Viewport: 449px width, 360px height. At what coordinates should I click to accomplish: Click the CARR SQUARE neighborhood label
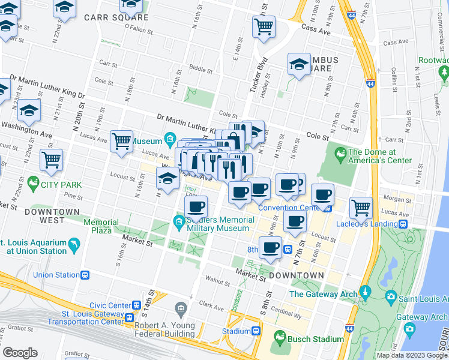coord(116,17)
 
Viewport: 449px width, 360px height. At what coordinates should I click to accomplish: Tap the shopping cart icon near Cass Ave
coord(264,27)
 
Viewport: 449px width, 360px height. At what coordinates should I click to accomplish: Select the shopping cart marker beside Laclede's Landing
coord(361,208)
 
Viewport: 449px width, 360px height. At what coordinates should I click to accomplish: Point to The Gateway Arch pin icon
coord(365,294)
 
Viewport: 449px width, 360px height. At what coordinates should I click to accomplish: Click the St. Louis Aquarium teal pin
coord(73,246)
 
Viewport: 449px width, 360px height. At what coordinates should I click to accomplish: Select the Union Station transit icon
coord(85,275)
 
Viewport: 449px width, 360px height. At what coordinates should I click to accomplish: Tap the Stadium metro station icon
coord(256,331)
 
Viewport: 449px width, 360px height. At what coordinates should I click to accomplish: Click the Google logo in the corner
coord(20,352)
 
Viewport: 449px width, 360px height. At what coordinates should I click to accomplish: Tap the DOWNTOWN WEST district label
coord(52,216)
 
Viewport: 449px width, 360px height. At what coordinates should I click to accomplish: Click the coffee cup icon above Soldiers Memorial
coord(196,207)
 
